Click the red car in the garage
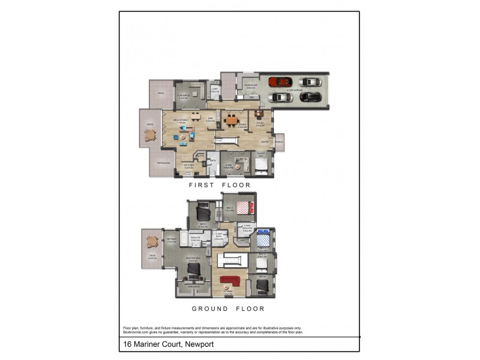(x=281, y=82)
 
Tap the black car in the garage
(x=310, y=97)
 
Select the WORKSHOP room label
(x=250, y=86)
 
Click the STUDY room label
(x=260, y=124)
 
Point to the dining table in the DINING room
(x=231, y=119)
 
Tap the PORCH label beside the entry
(x=279, y=142)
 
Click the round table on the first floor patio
(x=150, y=136)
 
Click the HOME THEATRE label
(x=228, y=166)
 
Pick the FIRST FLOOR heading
(x=220, y=185)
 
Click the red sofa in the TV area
(x=229, y=280)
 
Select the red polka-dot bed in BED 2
(x=243, y=208)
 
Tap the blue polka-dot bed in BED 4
(x=263, y=241)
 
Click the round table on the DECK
(x=151, y=242)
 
